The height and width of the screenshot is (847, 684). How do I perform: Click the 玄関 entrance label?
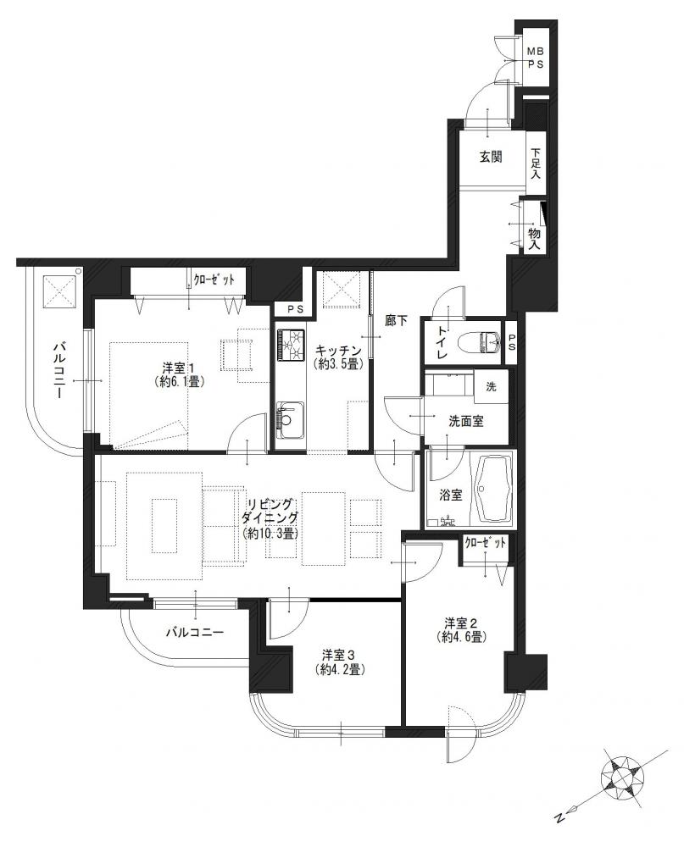click(x=491, y=157)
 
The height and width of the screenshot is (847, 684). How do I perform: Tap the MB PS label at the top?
click(x=536, y=58)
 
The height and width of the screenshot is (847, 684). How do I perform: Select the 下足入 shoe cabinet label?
click(x=536, y=164)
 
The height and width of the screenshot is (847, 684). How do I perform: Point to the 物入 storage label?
click(x=535, y=238)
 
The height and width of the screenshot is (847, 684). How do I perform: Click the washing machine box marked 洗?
click(x=491, y=387)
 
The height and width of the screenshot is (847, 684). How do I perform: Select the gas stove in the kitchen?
click(x=291, y=345)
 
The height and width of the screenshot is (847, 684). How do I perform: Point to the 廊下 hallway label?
click(x=395, y=321)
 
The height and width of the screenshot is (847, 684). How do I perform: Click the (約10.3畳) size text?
click(x=270, y=534)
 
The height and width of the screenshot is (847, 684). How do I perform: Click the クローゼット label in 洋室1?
click(x=214, y=280)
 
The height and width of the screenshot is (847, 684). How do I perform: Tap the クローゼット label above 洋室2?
click(x=485, y=543)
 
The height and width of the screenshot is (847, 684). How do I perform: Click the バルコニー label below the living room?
click(x=194, y=632)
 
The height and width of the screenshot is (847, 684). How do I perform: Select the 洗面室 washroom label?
click(x=465, y=421)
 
